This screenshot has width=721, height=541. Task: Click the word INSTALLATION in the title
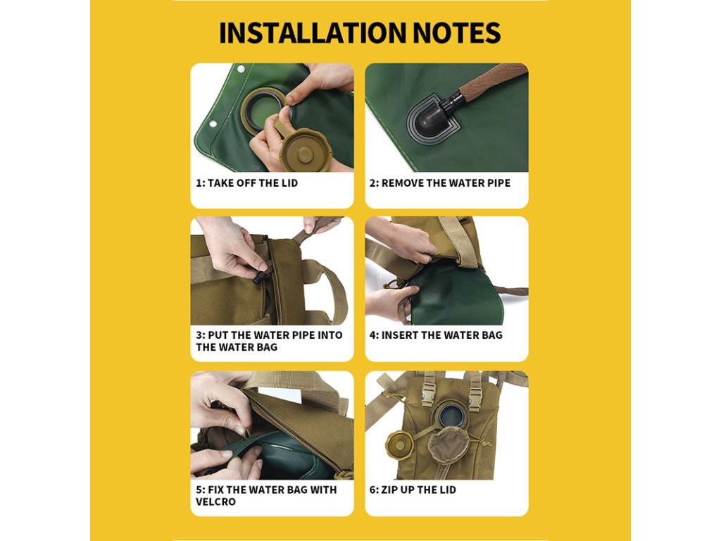tap(313, 32)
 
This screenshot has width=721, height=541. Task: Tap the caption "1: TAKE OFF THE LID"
tap(247, 183)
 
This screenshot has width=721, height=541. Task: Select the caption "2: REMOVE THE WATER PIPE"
tap(440, 183)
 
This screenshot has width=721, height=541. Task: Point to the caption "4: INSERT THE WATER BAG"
tap(436, 335)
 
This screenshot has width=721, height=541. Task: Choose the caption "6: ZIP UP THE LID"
tap(413, 490)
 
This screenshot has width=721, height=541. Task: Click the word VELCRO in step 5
tap(215, 502)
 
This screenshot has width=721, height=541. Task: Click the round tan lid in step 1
tap(302, 150)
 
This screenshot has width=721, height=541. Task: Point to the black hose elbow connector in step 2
tap(435, 115)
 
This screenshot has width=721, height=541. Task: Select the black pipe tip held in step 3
tap(260, 277)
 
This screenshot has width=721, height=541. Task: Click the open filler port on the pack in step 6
tap(448, 415)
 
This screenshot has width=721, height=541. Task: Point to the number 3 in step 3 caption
tap(199, 335)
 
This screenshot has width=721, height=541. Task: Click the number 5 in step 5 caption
tap(199, 490)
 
